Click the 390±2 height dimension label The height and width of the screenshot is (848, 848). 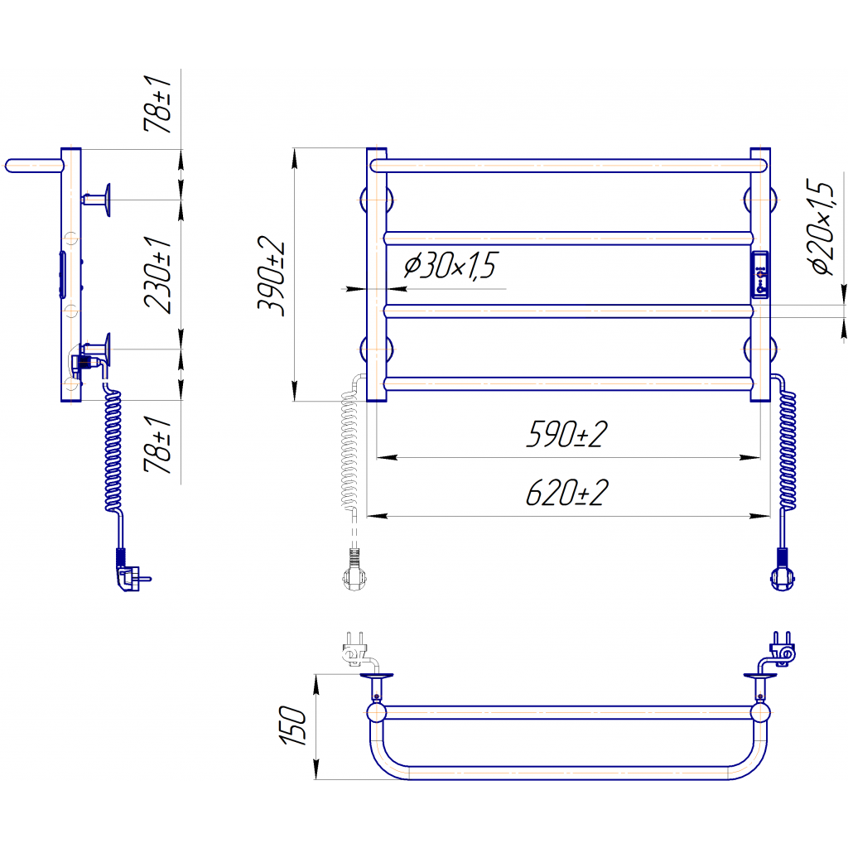pos(271,276)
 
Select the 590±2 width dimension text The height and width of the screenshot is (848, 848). pos(566,434)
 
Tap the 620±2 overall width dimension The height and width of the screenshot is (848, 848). pos(566,493)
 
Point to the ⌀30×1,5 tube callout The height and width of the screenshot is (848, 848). pos(450,266)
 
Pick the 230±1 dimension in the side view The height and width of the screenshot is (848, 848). pos(158,275)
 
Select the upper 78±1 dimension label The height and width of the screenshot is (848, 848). pos(157,104)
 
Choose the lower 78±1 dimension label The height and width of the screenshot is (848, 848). pos(157,445)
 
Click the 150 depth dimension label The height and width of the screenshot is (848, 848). pos(292,725)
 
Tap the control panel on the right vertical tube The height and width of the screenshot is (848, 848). pos(760,274)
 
